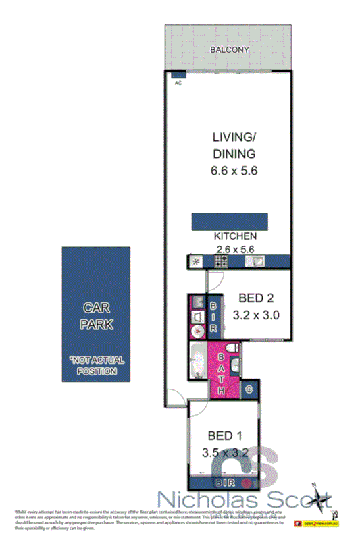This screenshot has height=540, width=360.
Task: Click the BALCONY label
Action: [230, 51]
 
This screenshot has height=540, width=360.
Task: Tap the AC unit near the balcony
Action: [178, 75]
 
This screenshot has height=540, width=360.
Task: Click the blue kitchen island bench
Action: [230, 222]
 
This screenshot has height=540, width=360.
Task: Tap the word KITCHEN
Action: [234, 236]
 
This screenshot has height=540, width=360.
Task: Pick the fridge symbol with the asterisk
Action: [196, 262]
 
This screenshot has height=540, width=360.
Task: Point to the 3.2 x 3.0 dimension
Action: [256, 314]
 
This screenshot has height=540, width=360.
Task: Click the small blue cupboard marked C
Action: [249, 389]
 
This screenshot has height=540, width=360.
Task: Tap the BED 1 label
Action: [224, 435]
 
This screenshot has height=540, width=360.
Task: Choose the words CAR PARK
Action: [97, 315]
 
